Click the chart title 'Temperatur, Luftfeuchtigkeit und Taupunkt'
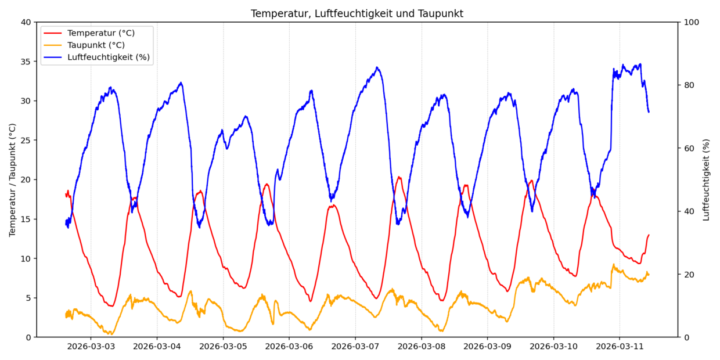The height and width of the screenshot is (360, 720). [357, 13]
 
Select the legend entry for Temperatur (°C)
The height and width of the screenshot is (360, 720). [100, 33]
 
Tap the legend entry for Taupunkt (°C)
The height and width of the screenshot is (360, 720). [96, 45]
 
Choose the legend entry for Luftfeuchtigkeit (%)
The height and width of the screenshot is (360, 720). [108, 57]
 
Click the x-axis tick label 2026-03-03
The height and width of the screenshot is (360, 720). [91, 347]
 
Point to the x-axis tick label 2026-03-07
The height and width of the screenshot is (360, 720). [355, 347]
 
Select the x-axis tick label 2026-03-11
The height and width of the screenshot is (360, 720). [620, 347]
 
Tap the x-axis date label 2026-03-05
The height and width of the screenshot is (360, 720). [223, 347]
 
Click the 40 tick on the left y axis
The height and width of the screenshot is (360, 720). [26, 22]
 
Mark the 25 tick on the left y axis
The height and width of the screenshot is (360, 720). [26, 141]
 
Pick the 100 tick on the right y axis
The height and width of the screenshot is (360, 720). [692, 22]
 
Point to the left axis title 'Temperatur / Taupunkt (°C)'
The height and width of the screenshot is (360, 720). [12, 179]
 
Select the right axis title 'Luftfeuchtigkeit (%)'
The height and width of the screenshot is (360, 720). [706, 179]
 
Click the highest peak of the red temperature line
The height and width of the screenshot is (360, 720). [398, 177]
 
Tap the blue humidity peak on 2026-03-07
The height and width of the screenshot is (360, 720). [377, 67]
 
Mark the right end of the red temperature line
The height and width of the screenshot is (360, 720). [649, 235]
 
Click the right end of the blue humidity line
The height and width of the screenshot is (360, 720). [649, 112]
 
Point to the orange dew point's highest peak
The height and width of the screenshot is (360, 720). [613, 265]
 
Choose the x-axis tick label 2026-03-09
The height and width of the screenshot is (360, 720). [487, 347]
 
